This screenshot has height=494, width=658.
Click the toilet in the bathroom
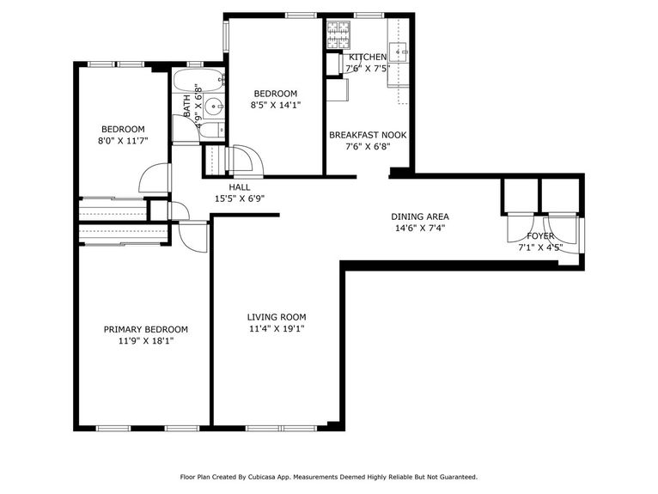click(215, 130)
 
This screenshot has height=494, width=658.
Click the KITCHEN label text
click(368, 57)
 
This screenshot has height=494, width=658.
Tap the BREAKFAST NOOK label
click(368, 135)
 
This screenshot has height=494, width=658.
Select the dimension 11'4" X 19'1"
click(277, 328)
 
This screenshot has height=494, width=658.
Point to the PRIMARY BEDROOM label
click(145, 329)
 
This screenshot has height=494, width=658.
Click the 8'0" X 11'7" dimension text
click(121, 141)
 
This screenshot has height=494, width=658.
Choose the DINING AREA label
click(420, 217)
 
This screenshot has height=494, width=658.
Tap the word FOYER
click(540, 236)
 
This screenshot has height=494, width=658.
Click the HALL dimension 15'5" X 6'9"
click(239, 198)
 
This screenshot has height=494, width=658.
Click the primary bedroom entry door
click(195, 236)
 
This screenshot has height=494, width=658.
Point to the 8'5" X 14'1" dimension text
click(275, 106)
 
